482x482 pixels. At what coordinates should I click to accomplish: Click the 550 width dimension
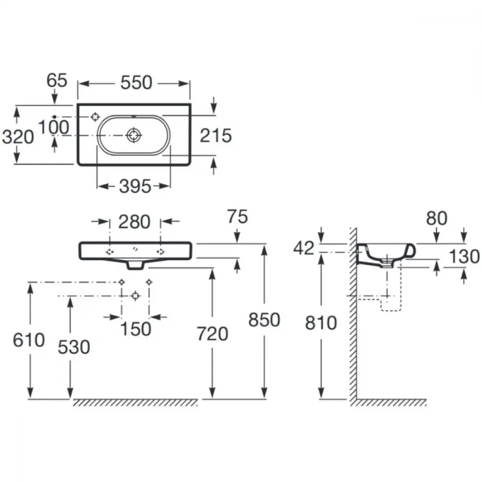click(136, 83)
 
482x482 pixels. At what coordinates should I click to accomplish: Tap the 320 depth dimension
click(18, 137)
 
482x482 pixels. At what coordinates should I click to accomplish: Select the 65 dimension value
click(57, 80)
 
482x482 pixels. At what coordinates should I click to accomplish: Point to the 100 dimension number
click(54, 127)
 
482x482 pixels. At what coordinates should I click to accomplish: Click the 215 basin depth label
click(216, 135)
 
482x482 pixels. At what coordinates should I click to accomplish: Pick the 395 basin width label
click(135, 186)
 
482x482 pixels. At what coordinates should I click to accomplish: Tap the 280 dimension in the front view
click(134, 222)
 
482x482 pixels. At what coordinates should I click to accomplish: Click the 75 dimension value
click(238, 217)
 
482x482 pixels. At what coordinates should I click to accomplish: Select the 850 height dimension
click(264, 320)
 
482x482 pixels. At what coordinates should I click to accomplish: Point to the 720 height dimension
click(213, 334)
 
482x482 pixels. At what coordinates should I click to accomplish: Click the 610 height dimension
click(29, 340)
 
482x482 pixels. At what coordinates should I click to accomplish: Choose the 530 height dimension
click(74, 348)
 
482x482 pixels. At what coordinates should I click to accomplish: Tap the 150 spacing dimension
click(135, 329)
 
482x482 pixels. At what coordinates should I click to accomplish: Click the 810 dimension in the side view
click(321, 323)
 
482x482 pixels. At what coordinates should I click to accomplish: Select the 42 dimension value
click(304, 248)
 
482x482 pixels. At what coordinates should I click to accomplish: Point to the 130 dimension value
click(464, 257)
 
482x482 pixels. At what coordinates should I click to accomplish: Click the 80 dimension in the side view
click(437, 218)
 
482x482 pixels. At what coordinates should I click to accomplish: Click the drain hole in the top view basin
click(134, 135)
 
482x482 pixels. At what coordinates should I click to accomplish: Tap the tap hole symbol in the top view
click(95, 117)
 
